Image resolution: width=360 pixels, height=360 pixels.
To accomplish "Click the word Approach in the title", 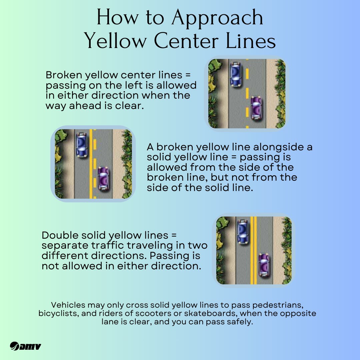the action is tap(217, 18).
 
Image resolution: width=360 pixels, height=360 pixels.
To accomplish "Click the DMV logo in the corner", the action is tap(25, 346).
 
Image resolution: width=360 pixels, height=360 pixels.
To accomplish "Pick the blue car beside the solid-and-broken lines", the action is tap(82, 145).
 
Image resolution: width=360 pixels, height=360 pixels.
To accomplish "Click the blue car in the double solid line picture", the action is tap(243, 231).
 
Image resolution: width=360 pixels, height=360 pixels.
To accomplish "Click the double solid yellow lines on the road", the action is tap(253, 250).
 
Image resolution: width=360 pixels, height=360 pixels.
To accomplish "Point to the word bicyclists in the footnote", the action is tap(59, 313).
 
